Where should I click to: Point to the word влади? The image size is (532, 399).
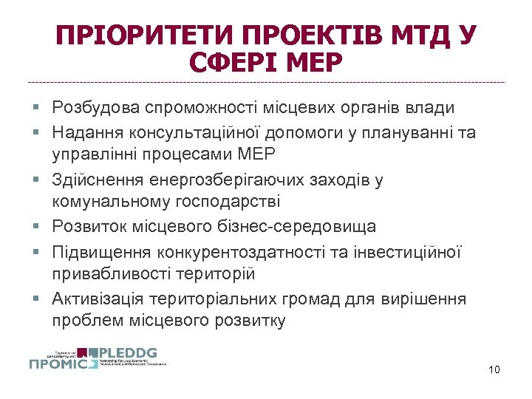429,108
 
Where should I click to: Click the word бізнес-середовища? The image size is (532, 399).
295,226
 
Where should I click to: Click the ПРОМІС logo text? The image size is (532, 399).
63,363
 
